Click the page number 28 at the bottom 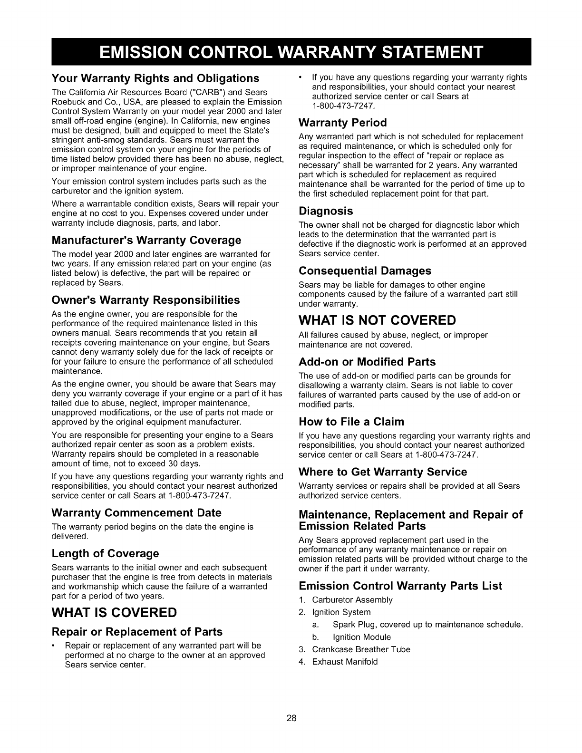point(291,718)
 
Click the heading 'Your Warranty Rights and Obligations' point(155,78)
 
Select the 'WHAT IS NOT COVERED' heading point(377,319)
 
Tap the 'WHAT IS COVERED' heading point(114,612)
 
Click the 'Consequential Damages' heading point(365,270)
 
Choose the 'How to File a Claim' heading point(351,422)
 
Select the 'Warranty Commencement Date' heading point(136,513)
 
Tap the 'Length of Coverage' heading point(105,553)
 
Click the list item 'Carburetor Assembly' point(352,600)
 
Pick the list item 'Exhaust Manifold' point(345,662)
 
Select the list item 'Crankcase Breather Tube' point(361,649)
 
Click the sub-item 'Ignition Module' point(361,637)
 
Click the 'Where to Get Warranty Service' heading point(383,472)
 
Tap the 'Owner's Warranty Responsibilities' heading point(145,300)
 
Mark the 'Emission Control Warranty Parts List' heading point(400,586)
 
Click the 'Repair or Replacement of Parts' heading point(137,632)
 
